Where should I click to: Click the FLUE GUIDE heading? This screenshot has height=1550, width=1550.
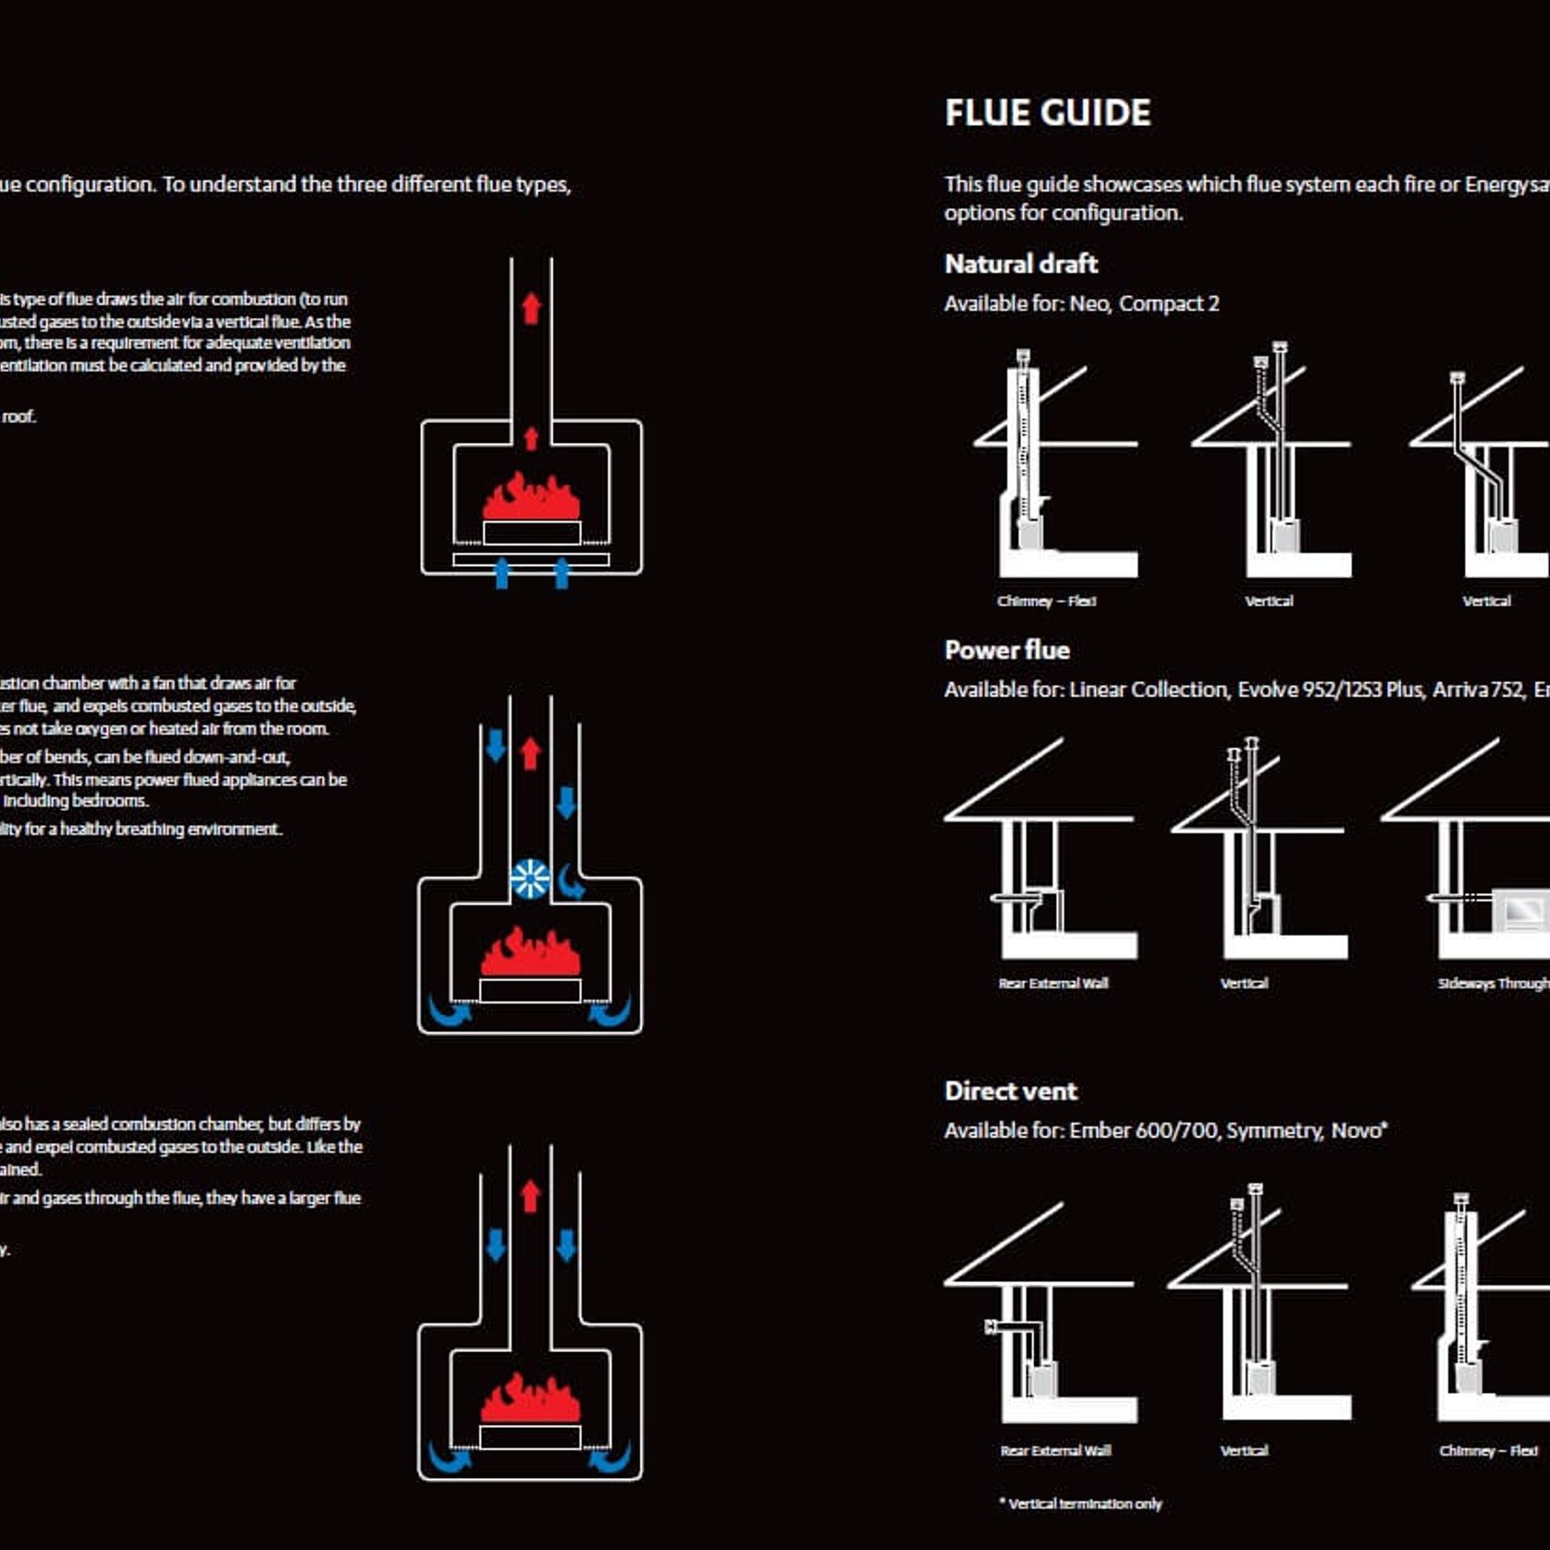coord(1047,113)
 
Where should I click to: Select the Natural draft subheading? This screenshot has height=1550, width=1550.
coord(1021,264)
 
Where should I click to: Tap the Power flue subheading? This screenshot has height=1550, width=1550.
coord(1007,650)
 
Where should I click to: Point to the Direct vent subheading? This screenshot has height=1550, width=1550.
coord(1011,1091)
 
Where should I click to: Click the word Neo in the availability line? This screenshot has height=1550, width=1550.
coord(1089,303)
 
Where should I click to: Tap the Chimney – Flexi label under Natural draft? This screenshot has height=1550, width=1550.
coord(1046,601)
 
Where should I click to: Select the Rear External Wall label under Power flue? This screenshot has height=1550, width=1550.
coord(1052,983)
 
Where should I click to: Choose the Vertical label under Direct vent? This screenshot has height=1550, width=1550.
coord(1244,1450)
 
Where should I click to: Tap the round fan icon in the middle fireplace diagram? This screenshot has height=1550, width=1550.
coord(530,879)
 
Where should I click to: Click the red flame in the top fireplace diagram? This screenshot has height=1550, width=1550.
coord(531,498)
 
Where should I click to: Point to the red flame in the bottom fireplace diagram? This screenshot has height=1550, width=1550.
coord(530,1398)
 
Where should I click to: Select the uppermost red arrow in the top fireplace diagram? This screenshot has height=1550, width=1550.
coord(531,308)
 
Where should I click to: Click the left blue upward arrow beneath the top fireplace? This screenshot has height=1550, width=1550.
coord(502,572)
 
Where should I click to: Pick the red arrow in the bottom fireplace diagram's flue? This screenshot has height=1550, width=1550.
coord(530,1197)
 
